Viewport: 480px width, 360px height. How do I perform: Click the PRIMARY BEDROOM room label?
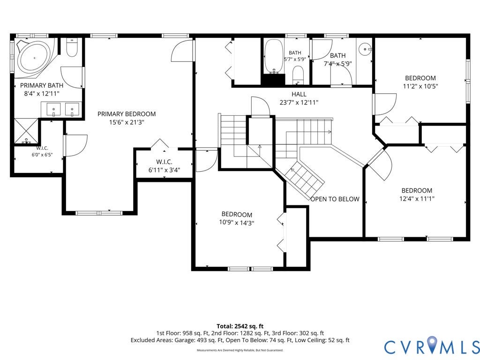(x=127, y=114)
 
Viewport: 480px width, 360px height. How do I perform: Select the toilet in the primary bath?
(x=72, y=48)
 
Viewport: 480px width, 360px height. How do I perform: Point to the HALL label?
(x=299, y=94)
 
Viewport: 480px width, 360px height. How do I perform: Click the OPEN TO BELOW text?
(x=335, y=199)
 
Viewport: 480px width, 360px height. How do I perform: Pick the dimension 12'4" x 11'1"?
(x=417, y=198)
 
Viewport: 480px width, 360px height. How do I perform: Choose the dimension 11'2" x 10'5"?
(x=420, y=86)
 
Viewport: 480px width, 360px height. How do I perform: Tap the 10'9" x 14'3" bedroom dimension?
(x=237, y=223)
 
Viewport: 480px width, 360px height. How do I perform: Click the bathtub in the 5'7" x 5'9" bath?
(x=274, y=57)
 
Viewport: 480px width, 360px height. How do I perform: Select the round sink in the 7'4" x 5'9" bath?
(x=365, y=49)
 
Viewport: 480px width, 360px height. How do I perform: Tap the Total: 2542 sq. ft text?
(x=240, y=326)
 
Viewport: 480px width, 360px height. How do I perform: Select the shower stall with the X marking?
(x=26, y=131)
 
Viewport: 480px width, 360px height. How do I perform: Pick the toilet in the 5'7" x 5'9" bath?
(x=298, y=75)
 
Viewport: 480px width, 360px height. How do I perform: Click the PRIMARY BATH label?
(x=42, y=85)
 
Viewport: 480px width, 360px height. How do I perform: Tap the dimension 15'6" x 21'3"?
(x=127, y=122)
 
